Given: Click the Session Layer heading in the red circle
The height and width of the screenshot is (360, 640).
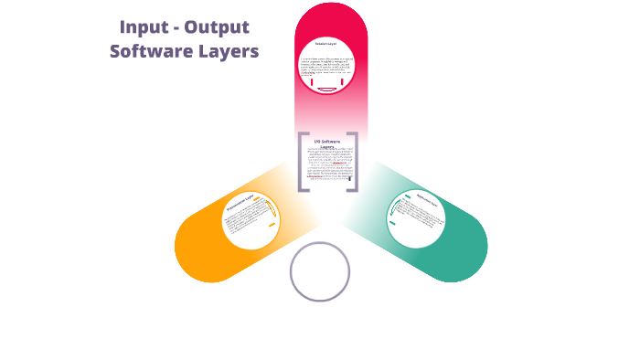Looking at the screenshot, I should click(326, 44).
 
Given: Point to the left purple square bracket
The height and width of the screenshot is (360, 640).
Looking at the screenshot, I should click(302, 163).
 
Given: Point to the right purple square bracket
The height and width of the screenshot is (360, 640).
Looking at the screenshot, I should click(353, 163).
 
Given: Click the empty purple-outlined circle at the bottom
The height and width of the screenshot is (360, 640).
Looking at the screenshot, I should click(320, 271).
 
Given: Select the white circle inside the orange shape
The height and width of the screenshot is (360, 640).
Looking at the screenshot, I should click(251, 220).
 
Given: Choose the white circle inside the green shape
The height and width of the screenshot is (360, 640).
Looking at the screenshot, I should click(415, 220).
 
